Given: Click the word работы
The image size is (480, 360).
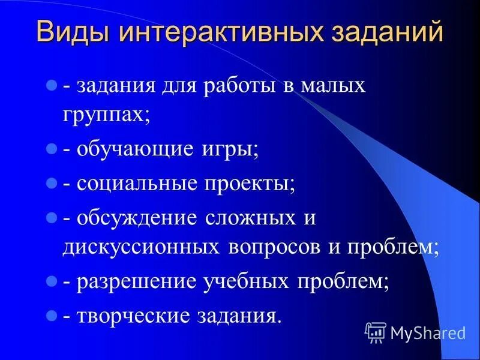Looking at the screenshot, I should (x=239, y=85).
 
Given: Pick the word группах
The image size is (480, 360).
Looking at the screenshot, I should (x=105, y=114).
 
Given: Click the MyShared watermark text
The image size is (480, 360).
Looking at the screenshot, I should (x=427, y=332).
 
